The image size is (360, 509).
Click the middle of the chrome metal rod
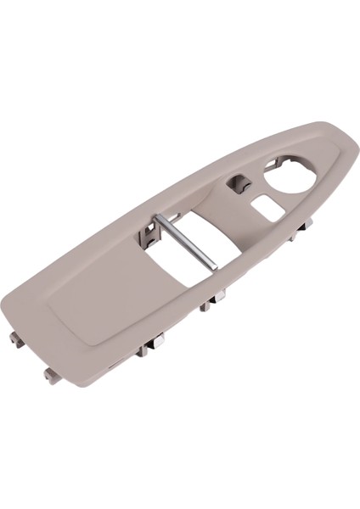tap(186, 243)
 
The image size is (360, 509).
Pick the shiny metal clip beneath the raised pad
tap(155, 342)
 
